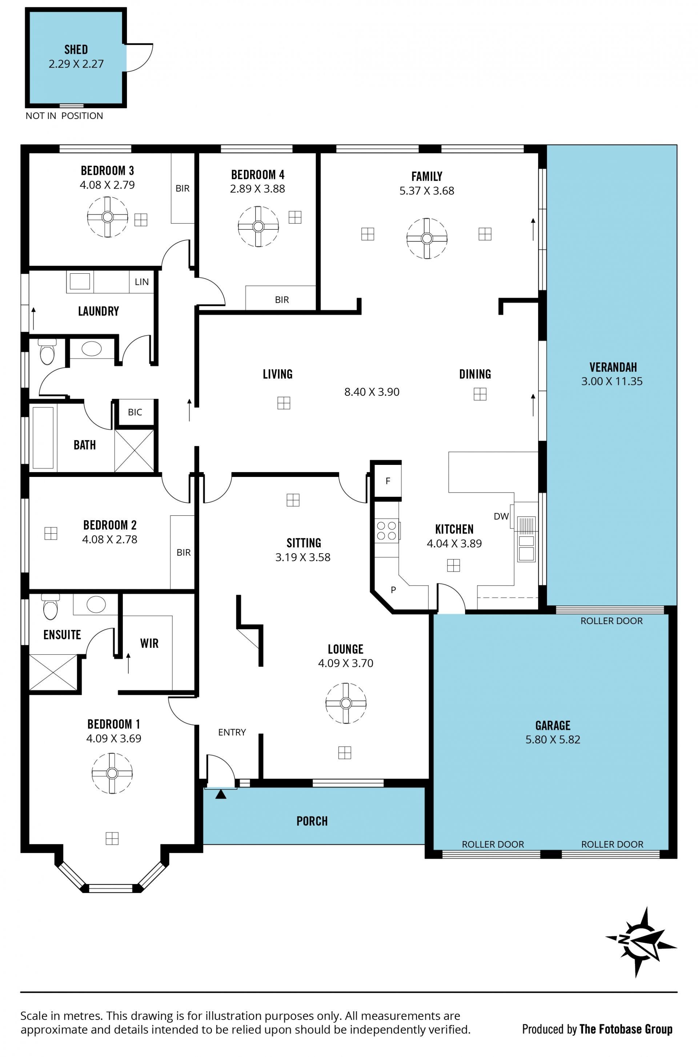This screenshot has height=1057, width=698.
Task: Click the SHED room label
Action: [76, 49]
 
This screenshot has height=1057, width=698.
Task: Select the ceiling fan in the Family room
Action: [427, 238]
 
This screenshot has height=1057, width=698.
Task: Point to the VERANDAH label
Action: [613, 367]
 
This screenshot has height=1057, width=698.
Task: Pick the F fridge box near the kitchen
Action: [387, 481]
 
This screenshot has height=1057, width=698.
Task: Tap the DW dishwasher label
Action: [501, 516]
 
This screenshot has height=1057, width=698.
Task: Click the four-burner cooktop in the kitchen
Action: [386, 531]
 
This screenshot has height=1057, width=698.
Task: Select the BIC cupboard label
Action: [135, 412]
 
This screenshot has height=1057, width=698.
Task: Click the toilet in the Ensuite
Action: [50, 606]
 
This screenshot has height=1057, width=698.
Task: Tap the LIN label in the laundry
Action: [141, 282]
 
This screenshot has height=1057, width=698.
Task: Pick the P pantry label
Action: [393, 590]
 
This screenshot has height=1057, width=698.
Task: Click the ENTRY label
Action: [232, 732]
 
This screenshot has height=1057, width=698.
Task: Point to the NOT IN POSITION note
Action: [64, 116]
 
